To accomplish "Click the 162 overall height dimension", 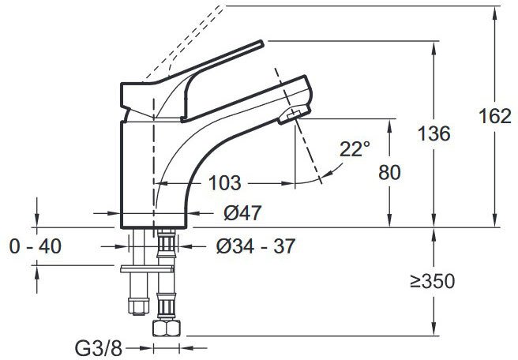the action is pos(495,116).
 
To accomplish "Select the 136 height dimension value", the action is pos(434,133).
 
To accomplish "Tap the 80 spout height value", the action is pos(389,172).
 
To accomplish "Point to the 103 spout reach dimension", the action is pos(224,183).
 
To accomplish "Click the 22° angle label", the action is pos(355,149).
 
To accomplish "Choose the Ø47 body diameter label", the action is pos(242,212).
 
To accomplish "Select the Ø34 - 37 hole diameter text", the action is pos(255,246).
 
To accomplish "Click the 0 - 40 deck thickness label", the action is pos(36,246).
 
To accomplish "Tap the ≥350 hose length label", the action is pos(433,281).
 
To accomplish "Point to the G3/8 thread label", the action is pos(99,348).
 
